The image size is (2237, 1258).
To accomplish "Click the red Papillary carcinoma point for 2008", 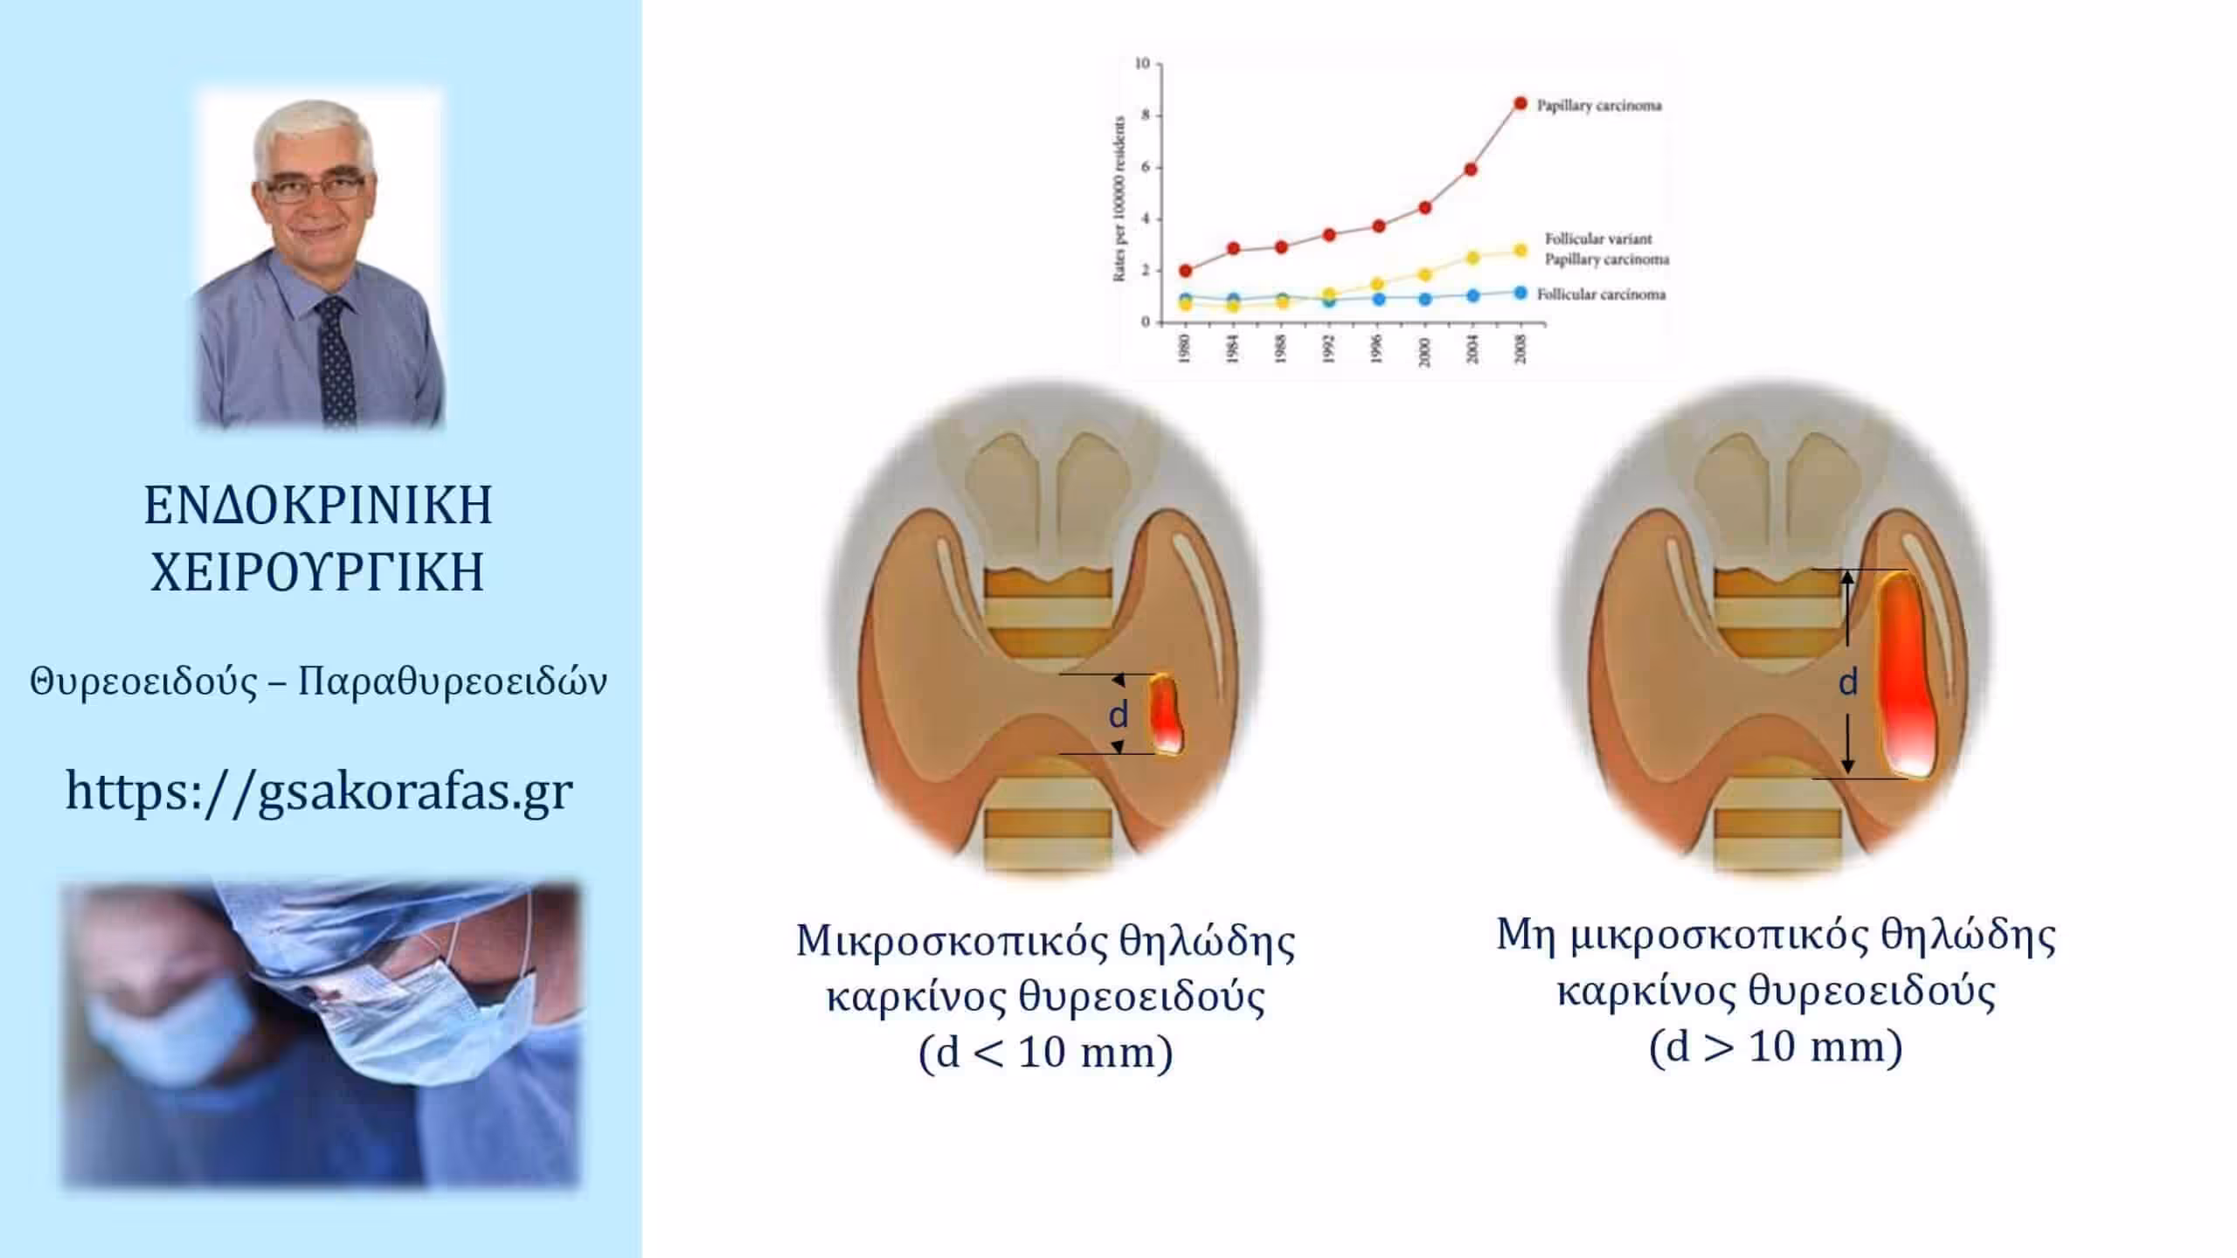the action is click(1520, 104).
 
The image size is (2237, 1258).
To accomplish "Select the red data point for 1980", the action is click(1185, 271).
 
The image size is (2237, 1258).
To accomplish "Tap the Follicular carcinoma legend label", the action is click(1602, 294).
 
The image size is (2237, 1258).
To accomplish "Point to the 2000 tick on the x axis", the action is click(1425, 350).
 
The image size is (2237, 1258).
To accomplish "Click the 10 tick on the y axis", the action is click(1142, 63).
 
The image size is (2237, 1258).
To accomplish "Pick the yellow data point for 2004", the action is click(1472, 258).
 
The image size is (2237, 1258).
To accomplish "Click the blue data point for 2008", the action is click(1520, 293).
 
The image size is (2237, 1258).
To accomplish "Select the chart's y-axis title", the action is click(1118, 199).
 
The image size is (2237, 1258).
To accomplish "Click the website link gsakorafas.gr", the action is click(320, 791).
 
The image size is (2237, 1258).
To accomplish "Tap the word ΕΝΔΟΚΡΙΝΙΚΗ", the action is click(318, 505).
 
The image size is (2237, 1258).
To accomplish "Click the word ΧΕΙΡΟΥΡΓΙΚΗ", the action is click(317, 572).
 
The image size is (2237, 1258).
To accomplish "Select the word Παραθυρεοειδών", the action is click(453, 681).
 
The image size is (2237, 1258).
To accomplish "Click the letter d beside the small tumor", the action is click(1118, 714).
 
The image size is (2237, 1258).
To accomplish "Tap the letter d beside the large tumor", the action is click(1847, 681).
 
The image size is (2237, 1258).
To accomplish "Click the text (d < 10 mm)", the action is click(1045, 1053).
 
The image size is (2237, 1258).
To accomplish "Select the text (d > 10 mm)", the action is click(1776, 1047).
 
